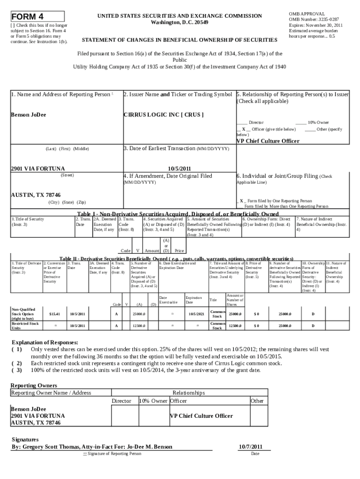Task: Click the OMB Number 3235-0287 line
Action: coord(314,20)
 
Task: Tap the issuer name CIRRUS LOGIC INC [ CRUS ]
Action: coord(163,115)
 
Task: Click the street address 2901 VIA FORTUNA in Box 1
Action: coord(38,168)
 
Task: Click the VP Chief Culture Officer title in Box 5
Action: coord(268,141)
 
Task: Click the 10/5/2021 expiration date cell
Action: coord(194,313)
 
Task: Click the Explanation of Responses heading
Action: coord(45,342)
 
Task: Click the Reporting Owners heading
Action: coord(34,385)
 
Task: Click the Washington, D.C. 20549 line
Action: coord(180,22)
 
